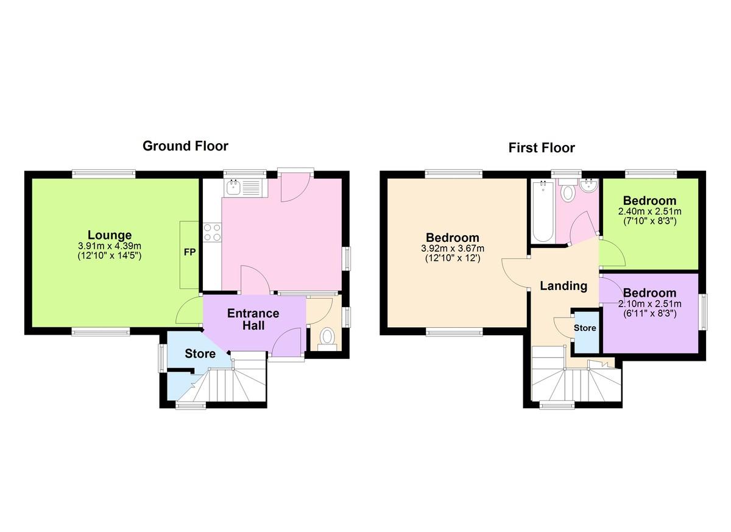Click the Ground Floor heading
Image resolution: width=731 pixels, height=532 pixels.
tap(185, 146)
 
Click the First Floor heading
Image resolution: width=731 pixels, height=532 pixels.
tap(542, 148)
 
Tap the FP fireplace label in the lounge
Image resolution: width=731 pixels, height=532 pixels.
tap(189, 252)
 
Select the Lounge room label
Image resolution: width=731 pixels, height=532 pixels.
tap(110, 235)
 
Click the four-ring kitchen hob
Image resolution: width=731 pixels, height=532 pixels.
tap(212, 232)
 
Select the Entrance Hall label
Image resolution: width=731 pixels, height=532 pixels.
tap(253, 319)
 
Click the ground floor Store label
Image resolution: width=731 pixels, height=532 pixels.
tap(200, 353)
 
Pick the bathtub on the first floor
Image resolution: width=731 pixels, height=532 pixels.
tap(542, 211)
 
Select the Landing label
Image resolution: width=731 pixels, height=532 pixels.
tap(563, 286)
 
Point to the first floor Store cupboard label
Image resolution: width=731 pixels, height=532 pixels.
tap(585, 328)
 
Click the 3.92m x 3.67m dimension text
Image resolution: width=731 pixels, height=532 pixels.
tap(453, 249)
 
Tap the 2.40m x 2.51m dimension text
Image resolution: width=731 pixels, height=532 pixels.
tap(650, 211)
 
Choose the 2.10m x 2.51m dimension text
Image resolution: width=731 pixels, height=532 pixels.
tap(650, 304)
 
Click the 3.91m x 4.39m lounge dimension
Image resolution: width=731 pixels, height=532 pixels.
tap(110, 246)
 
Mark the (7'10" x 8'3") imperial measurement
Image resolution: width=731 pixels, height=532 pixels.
tap(650, 221)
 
